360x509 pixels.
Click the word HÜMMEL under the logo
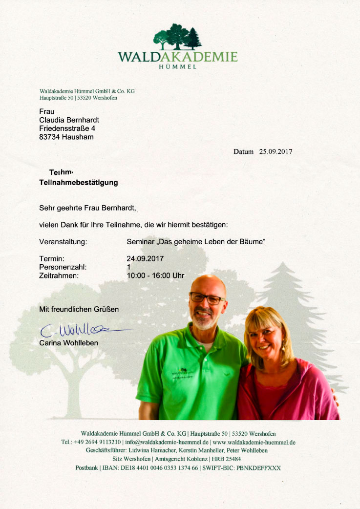tap(178, 67)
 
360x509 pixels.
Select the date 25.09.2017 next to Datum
tap(275, 151)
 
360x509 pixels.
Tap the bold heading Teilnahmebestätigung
tap(78, 183)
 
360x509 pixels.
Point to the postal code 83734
tap(49, 137)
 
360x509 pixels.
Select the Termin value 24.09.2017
tap(145, 258)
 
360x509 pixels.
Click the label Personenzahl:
tap(63, 267)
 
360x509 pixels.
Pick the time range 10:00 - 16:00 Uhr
tap(155, 276)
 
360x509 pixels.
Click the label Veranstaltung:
tap(63, 241)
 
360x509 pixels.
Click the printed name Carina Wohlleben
tap(68, 343)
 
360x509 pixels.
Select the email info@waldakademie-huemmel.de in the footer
tap(167, 442)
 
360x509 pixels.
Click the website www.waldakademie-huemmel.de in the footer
tap(254, 442)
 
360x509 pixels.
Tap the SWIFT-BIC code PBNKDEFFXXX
tap(259, 467)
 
